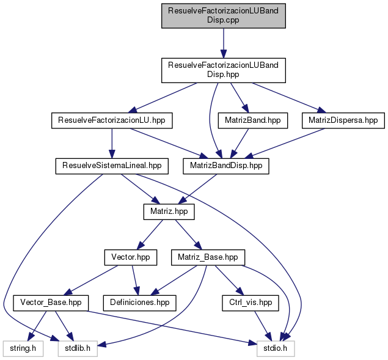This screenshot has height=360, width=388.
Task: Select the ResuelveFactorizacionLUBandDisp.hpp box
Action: (x=222, y=70)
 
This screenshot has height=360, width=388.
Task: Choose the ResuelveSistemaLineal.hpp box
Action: (x=112, y=165)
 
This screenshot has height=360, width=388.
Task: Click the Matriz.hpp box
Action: (x=169, y=211)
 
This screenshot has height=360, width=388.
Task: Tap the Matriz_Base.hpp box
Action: (x=208, y=257)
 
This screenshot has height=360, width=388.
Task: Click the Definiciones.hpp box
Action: (x=139, y=302)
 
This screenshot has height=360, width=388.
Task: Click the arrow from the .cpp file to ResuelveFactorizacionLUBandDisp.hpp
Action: (x=222, y=43)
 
